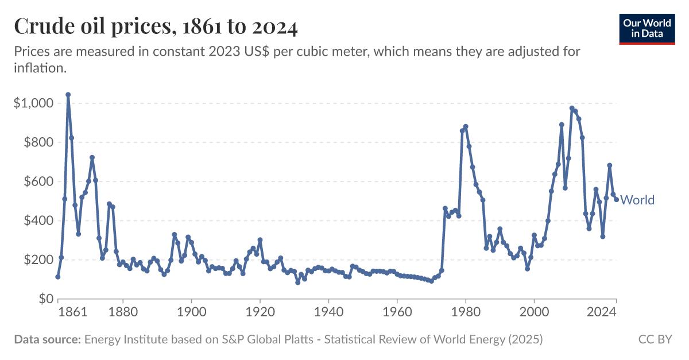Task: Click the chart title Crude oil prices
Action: pos(156,26)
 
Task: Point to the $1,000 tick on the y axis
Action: pos(33,103)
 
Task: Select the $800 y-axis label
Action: pos(37,142)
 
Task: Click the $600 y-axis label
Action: pos(37,181)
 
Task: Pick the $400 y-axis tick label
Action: pos(37,220)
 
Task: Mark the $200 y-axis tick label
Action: pos(37,260)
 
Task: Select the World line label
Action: pos(637,200)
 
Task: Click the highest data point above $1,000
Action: pos(68,95)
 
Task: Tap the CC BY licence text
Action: pos(655,340)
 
